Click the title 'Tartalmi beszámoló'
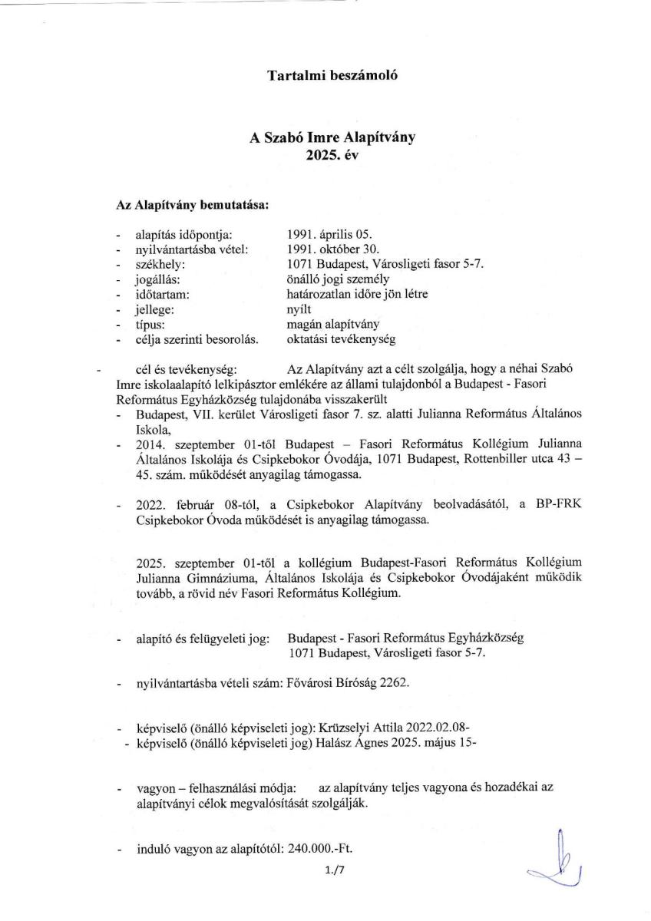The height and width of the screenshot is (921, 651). [325, 75]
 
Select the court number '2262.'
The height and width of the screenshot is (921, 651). [395, 683]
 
